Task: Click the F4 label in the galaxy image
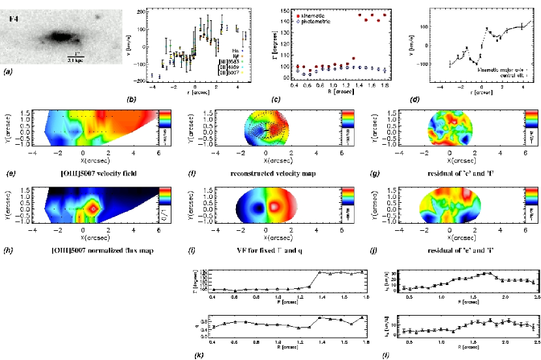pyautogui.click(x=13, y=19)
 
